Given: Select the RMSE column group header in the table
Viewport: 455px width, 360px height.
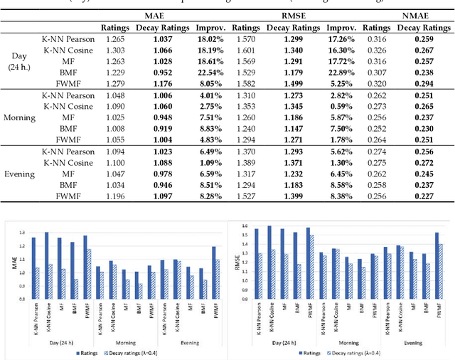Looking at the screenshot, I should [290, 15].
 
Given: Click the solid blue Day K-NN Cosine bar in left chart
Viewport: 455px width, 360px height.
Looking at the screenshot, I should [47, 264].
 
